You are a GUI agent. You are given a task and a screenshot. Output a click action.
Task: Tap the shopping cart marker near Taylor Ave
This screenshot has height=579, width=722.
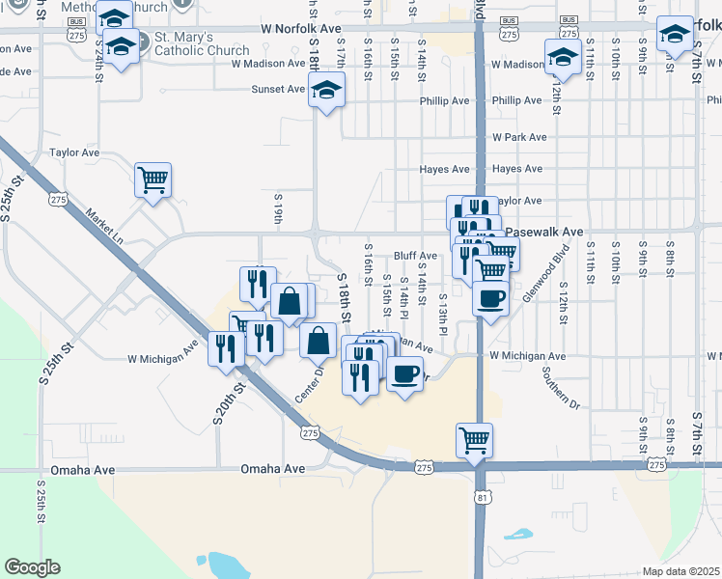[153, 180]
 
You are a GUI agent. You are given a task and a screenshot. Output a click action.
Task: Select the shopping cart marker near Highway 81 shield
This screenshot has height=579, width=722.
[474, 441]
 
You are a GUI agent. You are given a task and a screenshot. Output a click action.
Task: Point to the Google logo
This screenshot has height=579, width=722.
[32, 567]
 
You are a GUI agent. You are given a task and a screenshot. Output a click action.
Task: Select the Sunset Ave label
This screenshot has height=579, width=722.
[278, 89]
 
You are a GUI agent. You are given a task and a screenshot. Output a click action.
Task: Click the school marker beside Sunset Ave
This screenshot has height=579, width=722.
[327, 91]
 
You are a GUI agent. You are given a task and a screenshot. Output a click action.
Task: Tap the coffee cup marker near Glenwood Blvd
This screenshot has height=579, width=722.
[491, 298]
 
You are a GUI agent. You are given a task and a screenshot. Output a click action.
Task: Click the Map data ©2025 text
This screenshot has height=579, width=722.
[681, 571]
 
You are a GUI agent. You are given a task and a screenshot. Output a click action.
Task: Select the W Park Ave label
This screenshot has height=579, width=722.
[519, 137]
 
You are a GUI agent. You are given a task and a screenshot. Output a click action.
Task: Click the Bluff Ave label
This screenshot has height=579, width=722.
[416, 256]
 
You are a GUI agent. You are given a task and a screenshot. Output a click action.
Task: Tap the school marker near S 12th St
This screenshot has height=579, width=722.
[562, 58]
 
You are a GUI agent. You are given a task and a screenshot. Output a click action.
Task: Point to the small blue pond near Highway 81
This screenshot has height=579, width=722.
[518, 534]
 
